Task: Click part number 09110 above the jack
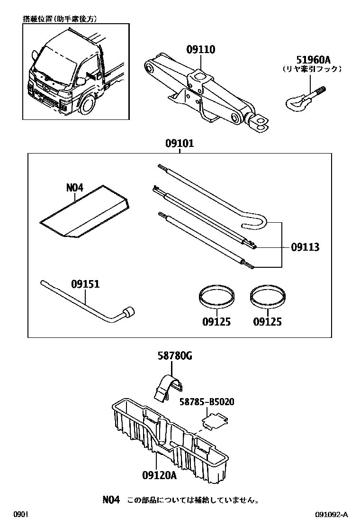[x=200, y=50]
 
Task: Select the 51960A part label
[x=313, y=60]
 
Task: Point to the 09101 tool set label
[x=180, y=144]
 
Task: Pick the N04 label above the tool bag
[x=74, y=188]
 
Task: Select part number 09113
[x=305, y=247]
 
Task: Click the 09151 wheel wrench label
[x=85, y=284]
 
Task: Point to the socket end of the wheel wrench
[x=128, y=313]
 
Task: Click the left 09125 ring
[x=216, y=298]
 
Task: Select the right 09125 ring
[x=267, y=298]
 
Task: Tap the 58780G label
[x=175, y=356]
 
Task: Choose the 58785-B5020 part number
[x=207, y=402]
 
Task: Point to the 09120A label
[x=158, y=474]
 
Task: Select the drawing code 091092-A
[x=332, y=515]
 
